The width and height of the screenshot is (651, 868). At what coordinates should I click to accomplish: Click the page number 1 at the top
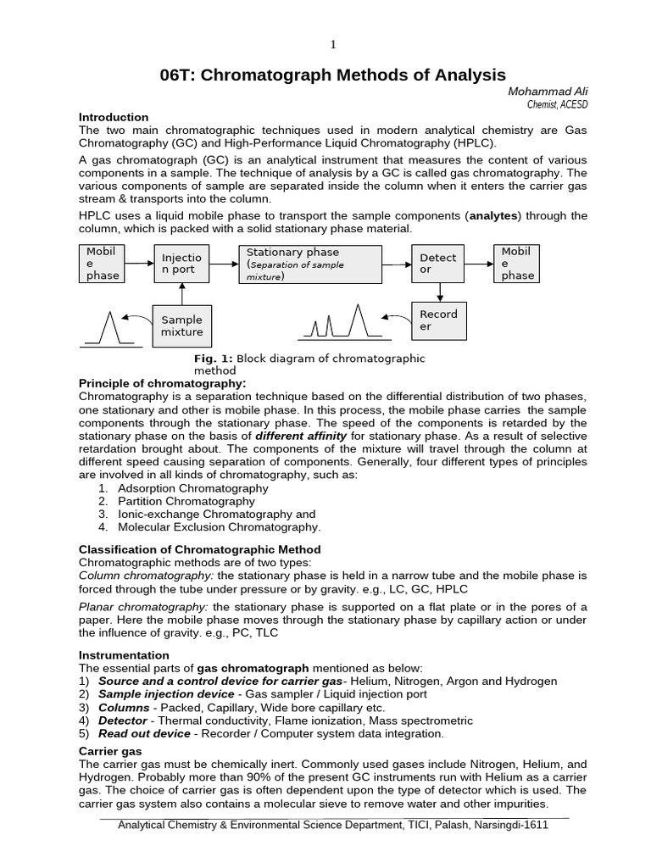333,44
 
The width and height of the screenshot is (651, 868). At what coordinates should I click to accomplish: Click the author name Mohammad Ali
547,92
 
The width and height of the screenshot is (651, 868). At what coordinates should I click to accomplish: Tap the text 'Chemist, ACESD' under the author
557,104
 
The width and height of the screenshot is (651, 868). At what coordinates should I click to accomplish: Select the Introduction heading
114,117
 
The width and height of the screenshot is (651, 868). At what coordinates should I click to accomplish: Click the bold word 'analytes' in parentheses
494,216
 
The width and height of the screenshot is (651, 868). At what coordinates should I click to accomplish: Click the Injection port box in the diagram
181,264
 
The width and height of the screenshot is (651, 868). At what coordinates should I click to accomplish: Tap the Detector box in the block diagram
439,264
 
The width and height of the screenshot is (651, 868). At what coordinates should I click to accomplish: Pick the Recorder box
439,320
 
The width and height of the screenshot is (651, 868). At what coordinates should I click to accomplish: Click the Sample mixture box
181,326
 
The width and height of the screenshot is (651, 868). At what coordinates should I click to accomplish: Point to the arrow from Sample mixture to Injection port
181,294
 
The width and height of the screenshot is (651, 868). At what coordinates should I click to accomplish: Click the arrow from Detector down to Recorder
439,292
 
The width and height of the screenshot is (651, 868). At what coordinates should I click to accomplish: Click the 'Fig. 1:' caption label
213,359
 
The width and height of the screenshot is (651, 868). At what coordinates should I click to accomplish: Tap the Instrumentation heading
124,655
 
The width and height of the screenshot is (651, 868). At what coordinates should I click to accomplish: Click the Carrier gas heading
110,751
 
